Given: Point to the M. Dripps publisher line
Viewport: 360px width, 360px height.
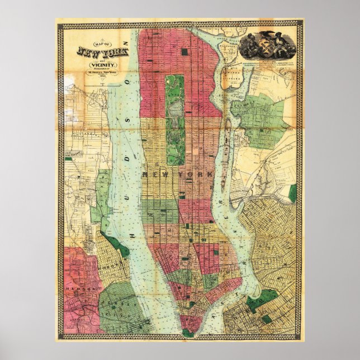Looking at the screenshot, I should pyautogui.click(x=104, y=73).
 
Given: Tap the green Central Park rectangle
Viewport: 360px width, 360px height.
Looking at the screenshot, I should pyautogui.click(x=175, y=119).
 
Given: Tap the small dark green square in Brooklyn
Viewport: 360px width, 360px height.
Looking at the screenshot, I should pyautogui.click(x=266, y=319).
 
